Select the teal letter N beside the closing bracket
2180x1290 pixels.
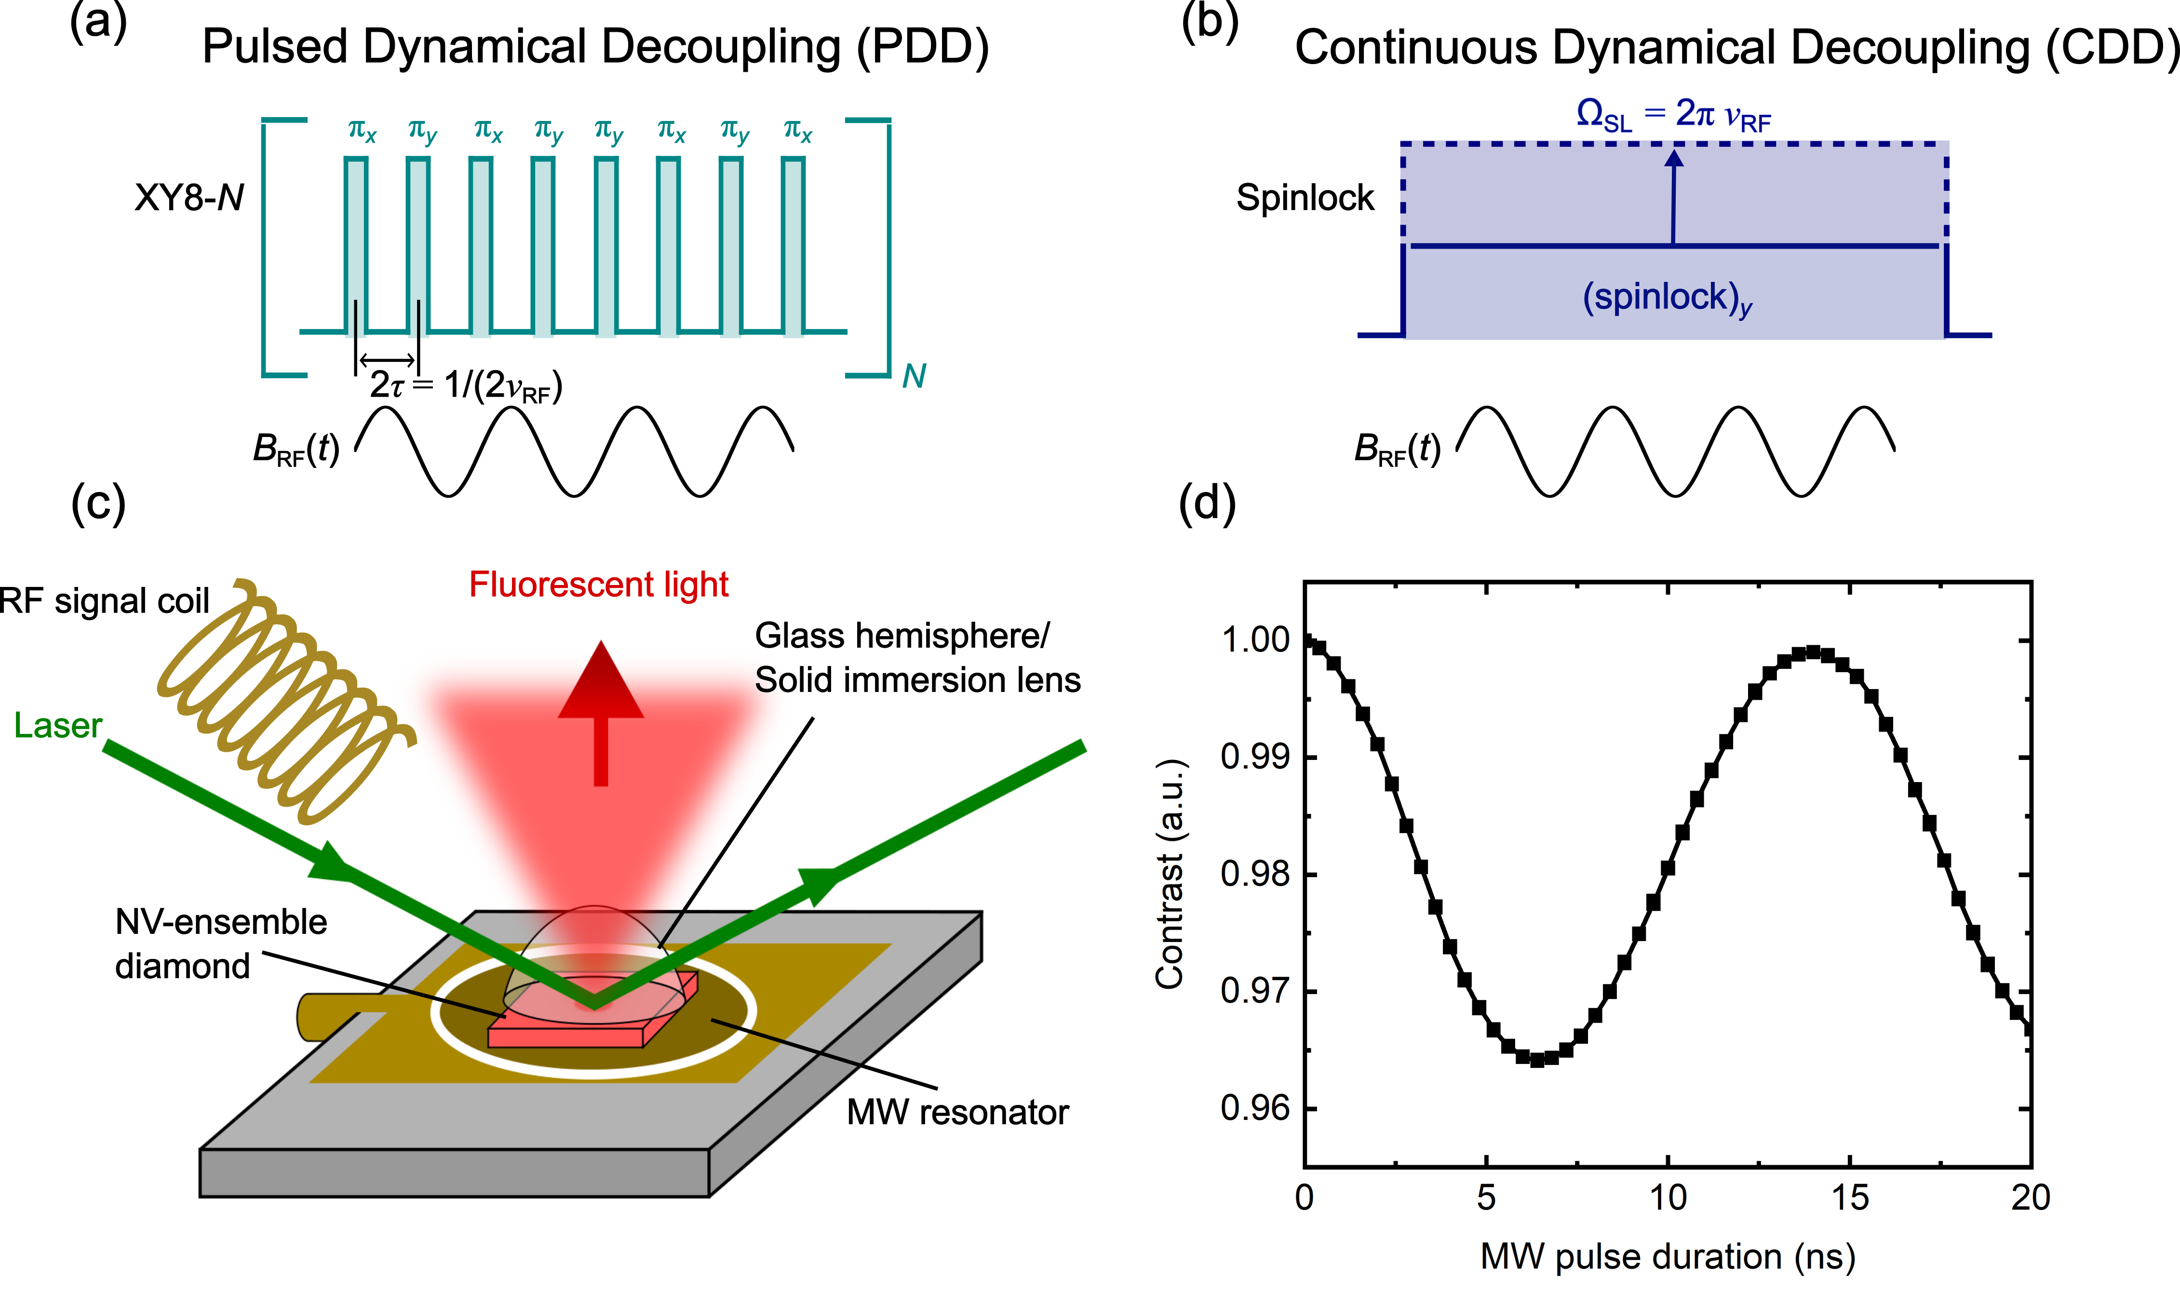(913, 376)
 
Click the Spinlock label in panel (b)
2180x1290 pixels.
(1305, 198)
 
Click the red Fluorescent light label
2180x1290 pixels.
(598, 584)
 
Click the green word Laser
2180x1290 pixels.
(57, 725)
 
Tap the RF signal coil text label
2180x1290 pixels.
(104, 601)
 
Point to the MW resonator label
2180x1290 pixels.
(957, 1112)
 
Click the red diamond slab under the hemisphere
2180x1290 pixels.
(565, 1035)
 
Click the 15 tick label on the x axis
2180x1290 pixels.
(1850, 1198)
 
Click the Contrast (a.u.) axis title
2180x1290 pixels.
(1170, 874)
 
